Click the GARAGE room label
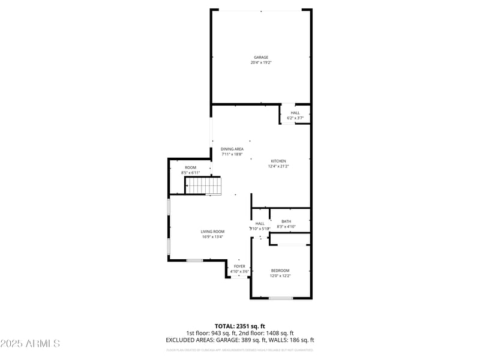coord(261,58)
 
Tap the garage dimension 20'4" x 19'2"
coord(261,62)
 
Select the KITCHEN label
coord(278,161)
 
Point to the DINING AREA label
coord(232,149)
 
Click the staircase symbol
coord(203,186)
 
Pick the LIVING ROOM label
coord(212,232)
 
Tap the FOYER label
coord(239,266)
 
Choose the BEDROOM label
coord(280,271)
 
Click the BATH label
coord(286,221)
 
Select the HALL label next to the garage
coord(295,113)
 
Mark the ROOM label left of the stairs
coord(190,167)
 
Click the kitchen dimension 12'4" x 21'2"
coord(278,166)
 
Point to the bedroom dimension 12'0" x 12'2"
coord(280,276)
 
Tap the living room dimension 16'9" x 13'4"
coord(212,237)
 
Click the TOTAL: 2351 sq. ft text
coord(239,326)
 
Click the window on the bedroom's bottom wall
coord(281,298)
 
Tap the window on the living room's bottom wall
coord(194,260)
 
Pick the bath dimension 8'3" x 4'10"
coord(286,227)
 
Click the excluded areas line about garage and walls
coord(239,340)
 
